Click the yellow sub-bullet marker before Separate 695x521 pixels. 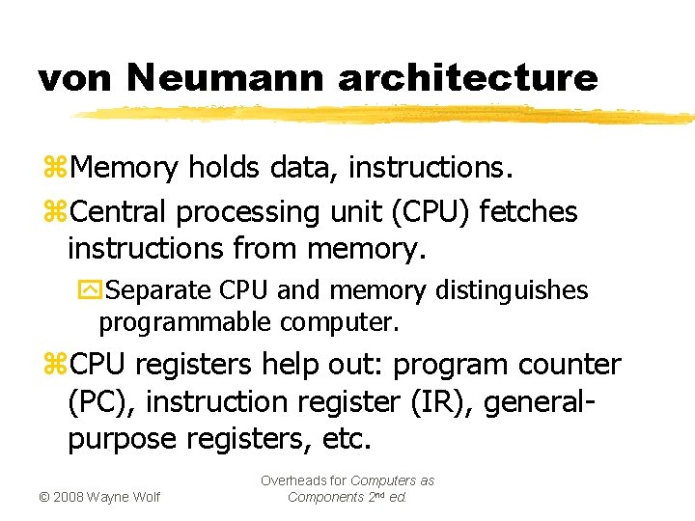(88, 290)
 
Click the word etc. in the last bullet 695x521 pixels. (347, 439)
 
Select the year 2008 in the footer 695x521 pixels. (68, 497)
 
